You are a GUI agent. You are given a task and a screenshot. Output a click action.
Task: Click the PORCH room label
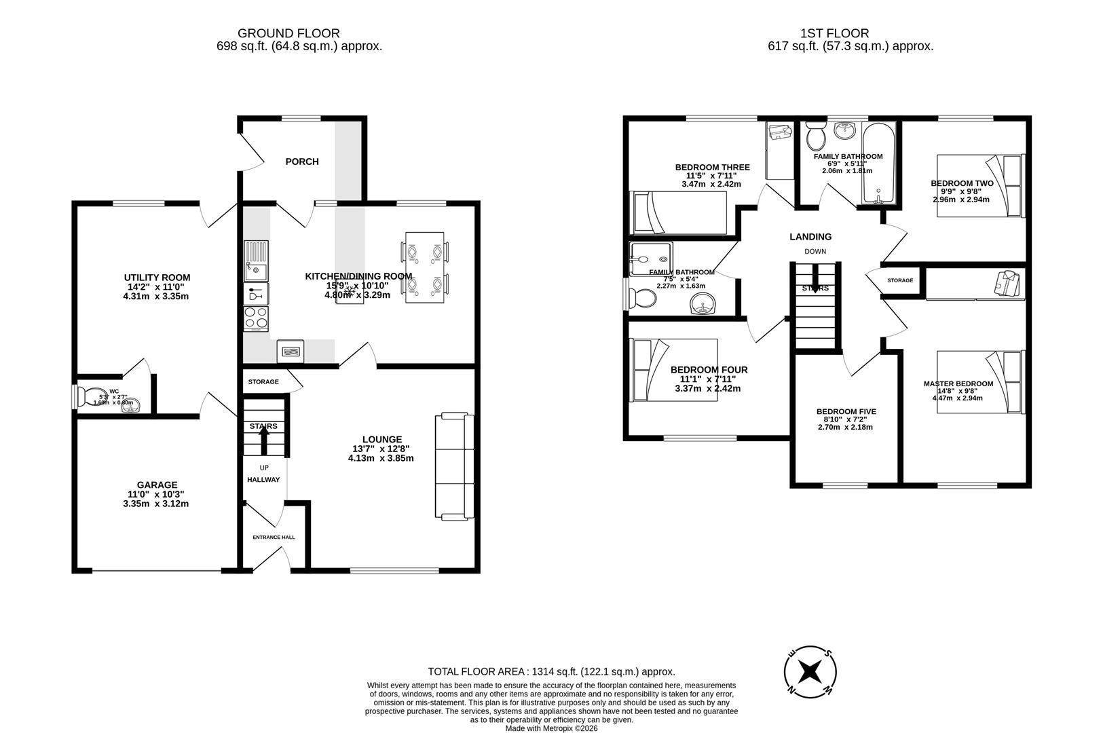(x=302, y=162)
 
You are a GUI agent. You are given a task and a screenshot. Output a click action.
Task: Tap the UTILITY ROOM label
(x=157, y=278)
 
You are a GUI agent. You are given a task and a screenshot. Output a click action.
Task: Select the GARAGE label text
(x=157, y=485)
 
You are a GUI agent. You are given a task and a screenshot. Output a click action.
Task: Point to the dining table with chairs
(x=426, y=267)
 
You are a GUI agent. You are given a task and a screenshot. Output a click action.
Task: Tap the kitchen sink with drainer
(x=256, y=261)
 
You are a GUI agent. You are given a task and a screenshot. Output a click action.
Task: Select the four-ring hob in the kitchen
(x=256, y=318)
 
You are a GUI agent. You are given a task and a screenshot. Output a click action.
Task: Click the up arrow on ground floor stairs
(x=264, y=440)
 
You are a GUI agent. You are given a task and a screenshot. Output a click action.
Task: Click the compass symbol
(x=809, y=671)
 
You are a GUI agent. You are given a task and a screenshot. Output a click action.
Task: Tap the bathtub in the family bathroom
(x=878, y=164)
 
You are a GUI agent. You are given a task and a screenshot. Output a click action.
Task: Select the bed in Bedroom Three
(x=679, y=212)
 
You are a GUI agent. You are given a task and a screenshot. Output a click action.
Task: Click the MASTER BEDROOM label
(x=958, y=383)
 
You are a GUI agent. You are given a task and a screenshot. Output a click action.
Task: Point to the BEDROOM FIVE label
(x=846, y=411)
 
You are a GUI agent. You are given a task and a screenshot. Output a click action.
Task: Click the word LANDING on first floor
(x=810, y=237)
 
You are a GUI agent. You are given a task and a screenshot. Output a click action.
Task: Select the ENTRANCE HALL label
(x=274, y=537)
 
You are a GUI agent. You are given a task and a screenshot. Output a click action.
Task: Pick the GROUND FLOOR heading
(x=288, y=33)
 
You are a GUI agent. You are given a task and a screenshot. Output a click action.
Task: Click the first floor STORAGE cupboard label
(x=899, y=280)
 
